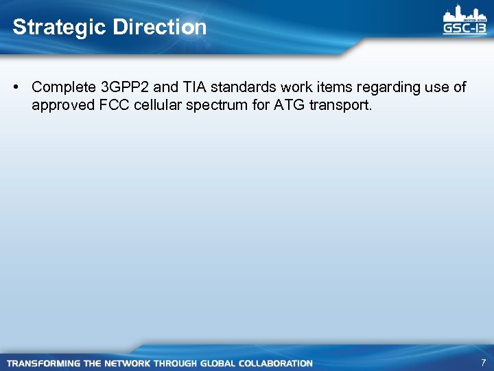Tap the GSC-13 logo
[x=464, y=21]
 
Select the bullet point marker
[x=16, y=87]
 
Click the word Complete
[x=64, y=87]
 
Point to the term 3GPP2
[x=125, y=87]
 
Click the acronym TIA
[x=194, y=87]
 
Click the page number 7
[x=483, y=362]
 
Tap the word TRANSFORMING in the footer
[x=43, y=363]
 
